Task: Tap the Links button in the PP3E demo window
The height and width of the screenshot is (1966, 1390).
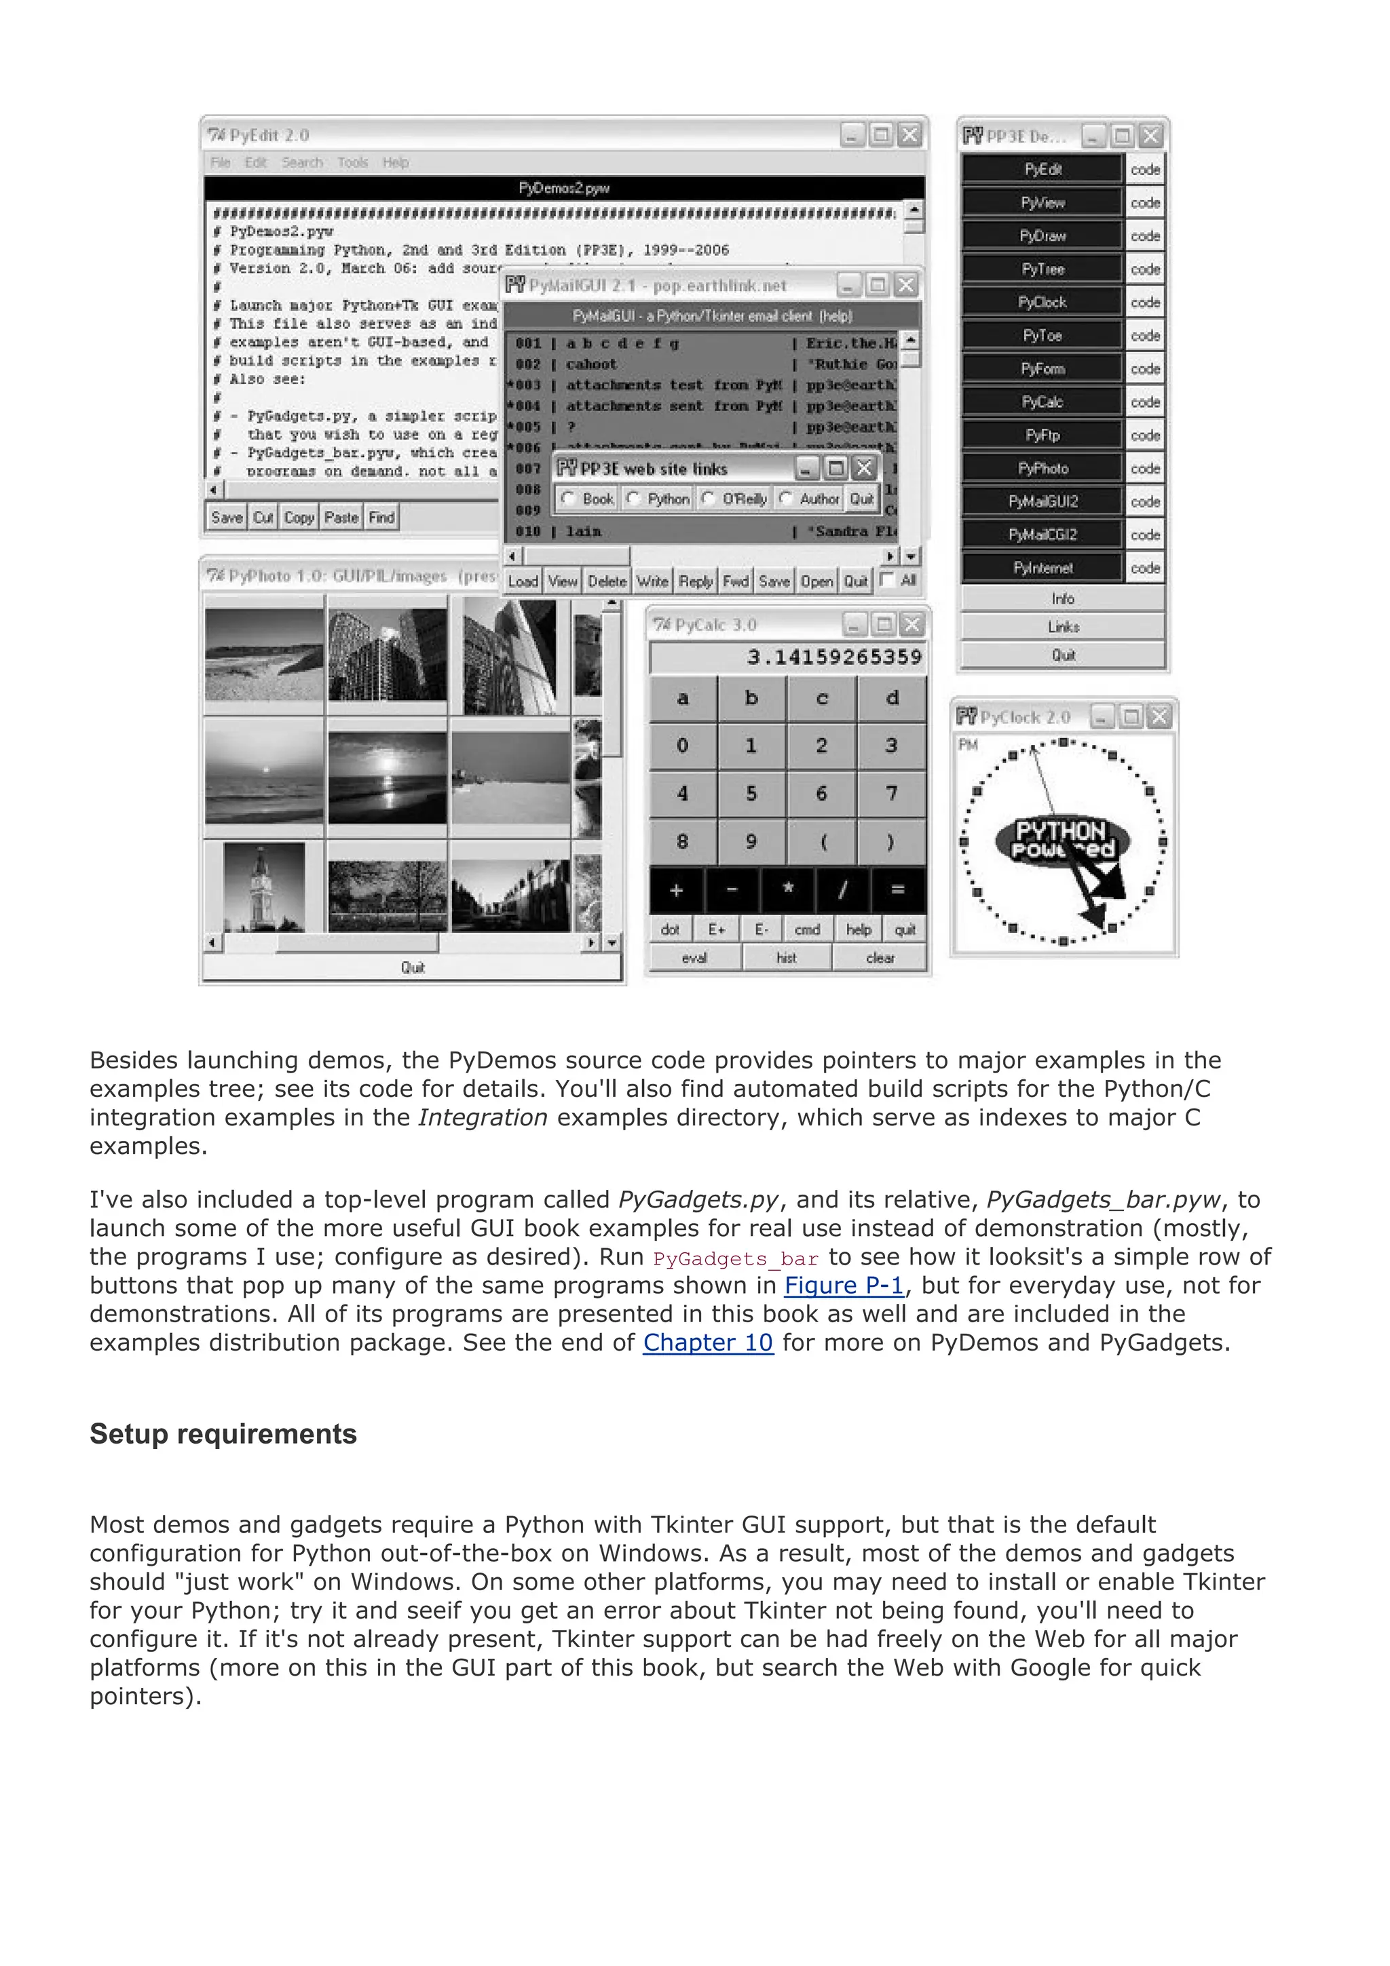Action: click(1062, 627)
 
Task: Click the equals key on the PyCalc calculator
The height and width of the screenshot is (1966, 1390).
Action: click(897, 889)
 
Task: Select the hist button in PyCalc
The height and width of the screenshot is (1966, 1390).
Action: click(786, 957)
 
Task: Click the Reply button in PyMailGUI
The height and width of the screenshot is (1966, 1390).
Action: click(696, 581)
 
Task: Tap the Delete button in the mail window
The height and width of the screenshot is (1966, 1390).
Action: click(607, 581)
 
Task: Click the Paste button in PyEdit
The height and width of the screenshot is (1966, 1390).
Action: click(341, 517)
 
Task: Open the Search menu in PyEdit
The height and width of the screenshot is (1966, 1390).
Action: click(302, 163)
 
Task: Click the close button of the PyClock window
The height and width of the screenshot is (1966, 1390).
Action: click(1159, 716)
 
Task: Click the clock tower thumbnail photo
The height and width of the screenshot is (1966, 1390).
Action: click(264, 887)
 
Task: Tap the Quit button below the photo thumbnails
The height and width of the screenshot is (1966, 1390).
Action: click(412, 967)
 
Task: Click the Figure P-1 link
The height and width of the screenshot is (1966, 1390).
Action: click(844, 1286)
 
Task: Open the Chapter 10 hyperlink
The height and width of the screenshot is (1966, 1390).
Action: click(707, 1343)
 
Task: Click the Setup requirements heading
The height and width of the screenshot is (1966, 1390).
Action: click(223, 1434)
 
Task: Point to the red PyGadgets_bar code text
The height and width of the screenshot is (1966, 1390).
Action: click(735, 1258)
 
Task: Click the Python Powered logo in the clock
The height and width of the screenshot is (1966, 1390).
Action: click(1062, 839)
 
